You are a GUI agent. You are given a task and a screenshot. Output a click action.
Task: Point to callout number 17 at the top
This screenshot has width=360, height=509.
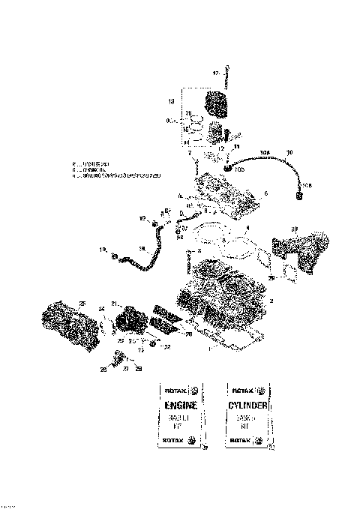point(214,73)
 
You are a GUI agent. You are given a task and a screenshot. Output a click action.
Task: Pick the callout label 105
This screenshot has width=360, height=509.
point(240,170)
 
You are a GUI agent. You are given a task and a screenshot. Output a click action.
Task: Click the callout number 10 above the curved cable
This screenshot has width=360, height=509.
point(289,153)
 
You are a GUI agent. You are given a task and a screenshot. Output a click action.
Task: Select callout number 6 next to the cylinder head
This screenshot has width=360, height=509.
point(265,193)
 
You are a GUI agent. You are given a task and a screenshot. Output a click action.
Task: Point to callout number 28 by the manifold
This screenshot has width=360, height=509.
point(294,229)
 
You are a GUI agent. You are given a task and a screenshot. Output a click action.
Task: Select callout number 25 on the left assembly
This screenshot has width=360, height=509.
point(82,302)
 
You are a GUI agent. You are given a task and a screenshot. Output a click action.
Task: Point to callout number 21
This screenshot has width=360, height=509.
point(114,303)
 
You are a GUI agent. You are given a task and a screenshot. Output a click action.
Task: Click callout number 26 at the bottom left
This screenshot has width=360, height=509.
point(103,369)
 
